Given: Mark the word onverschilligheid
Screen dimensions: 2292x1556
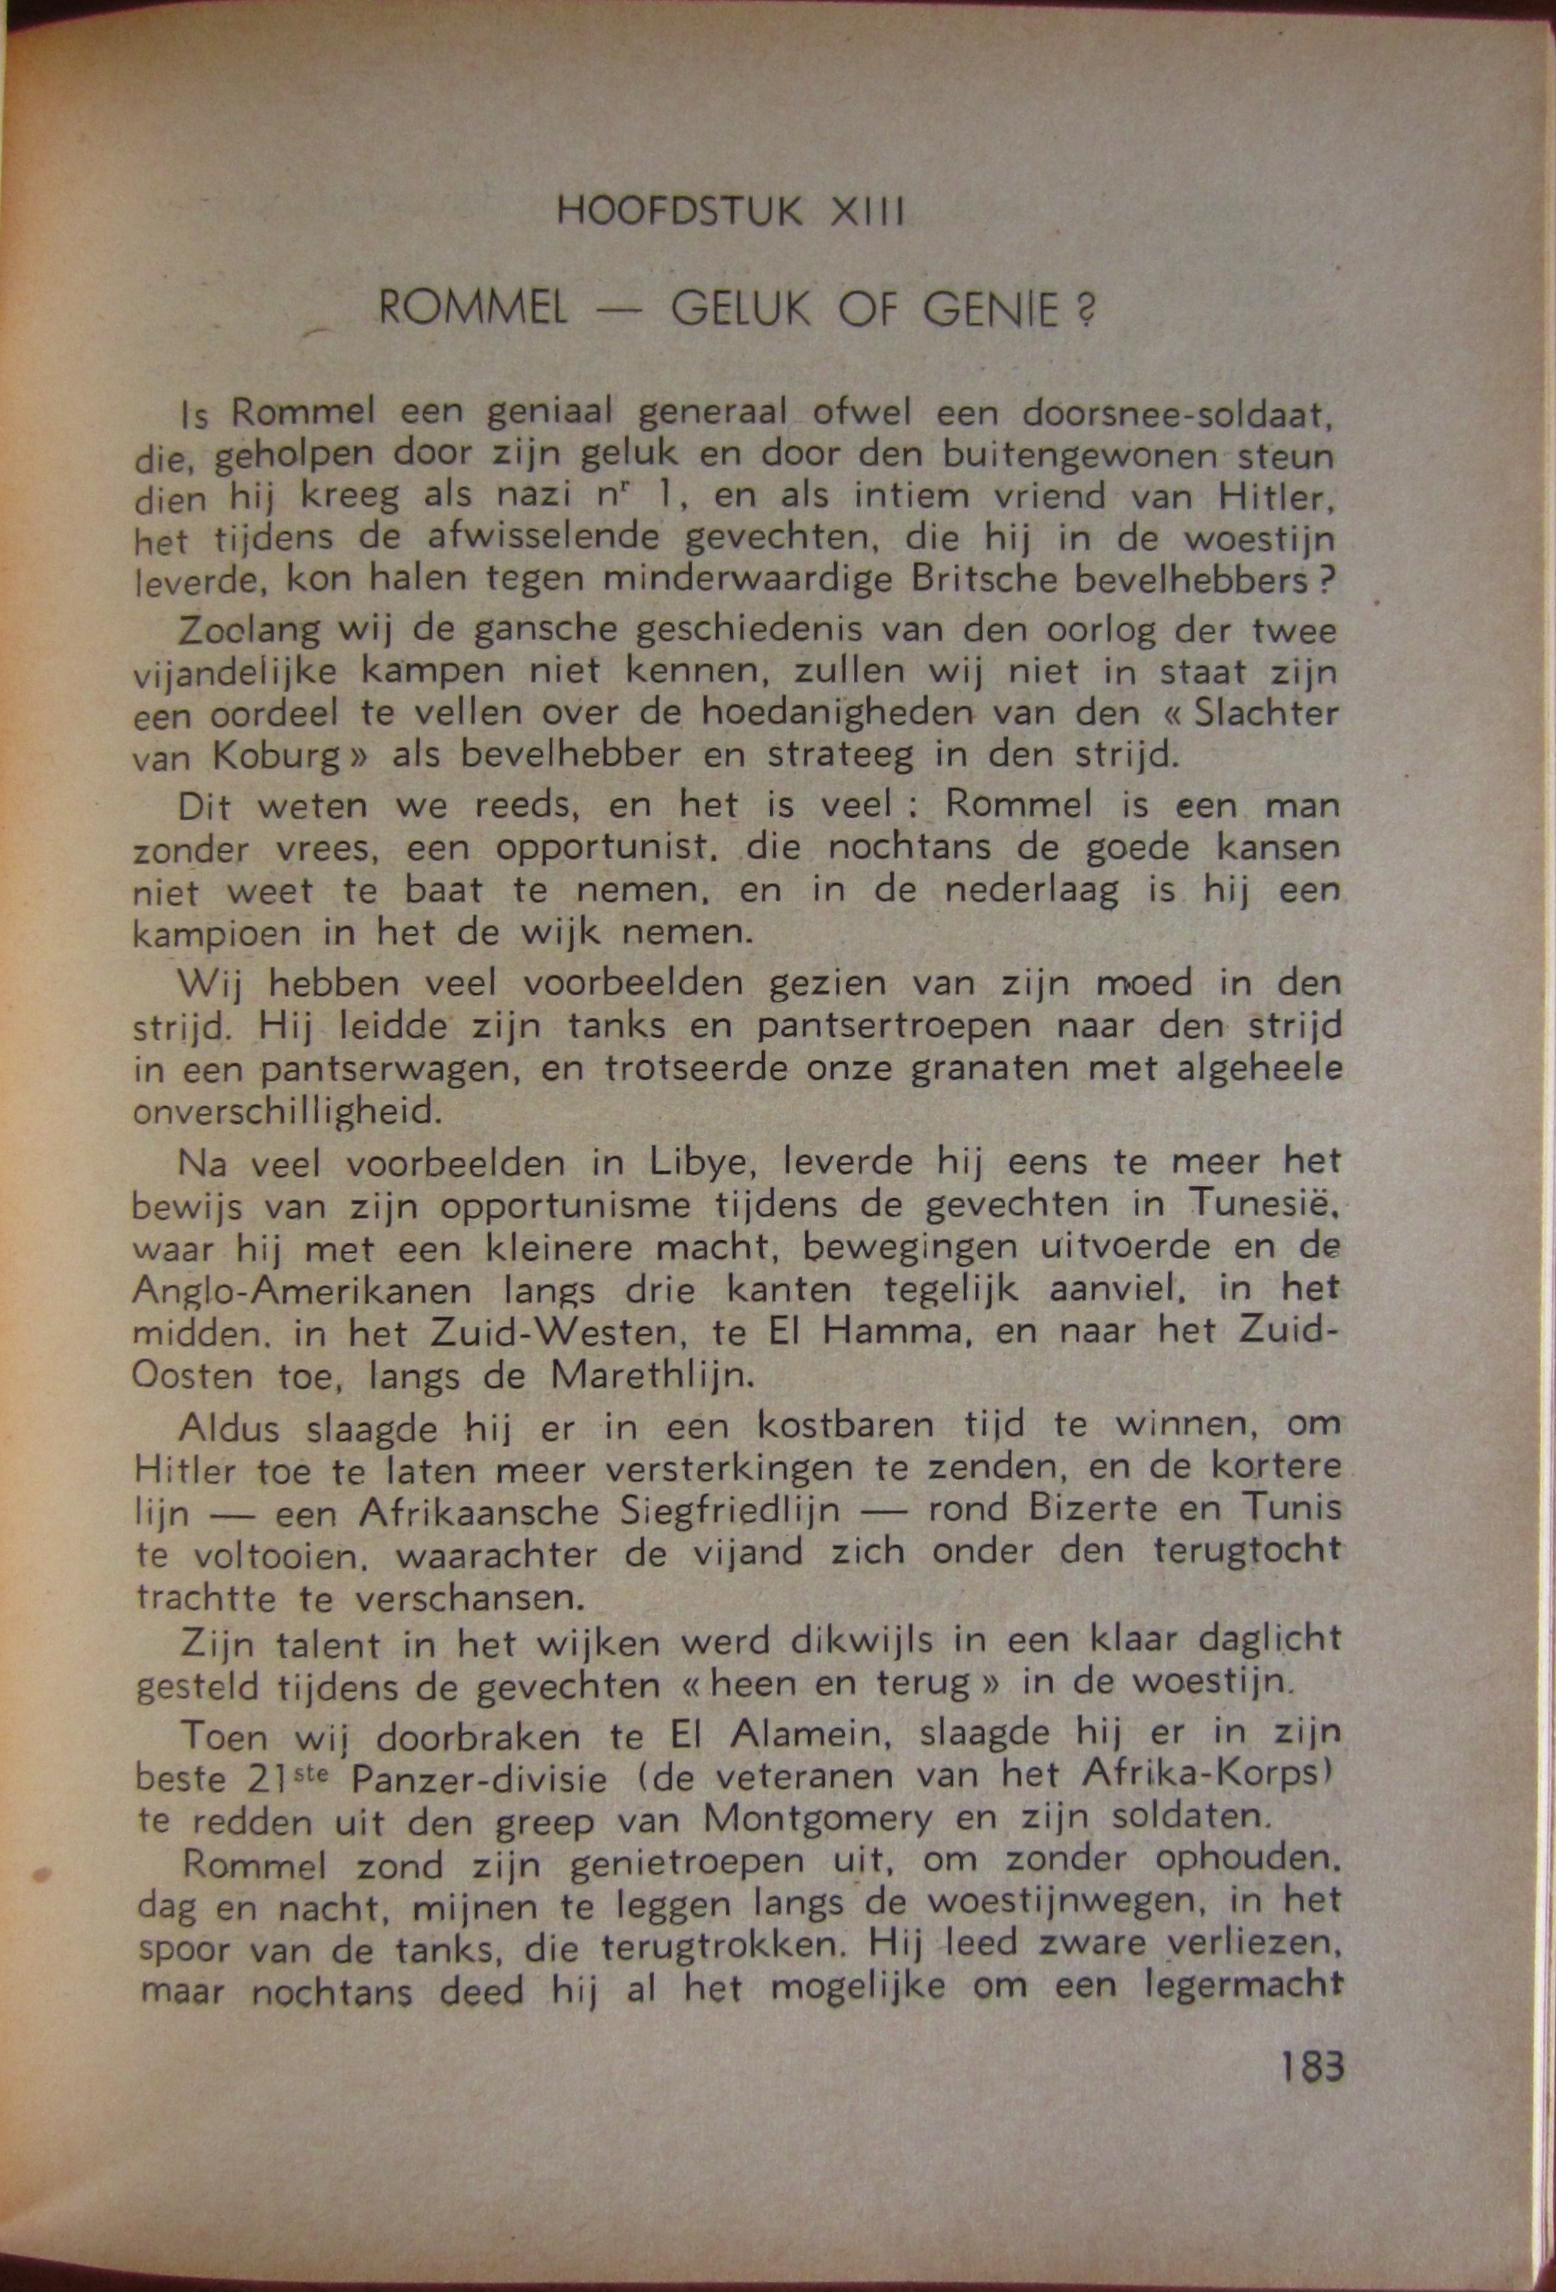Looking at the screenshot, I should [286, 1112].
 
